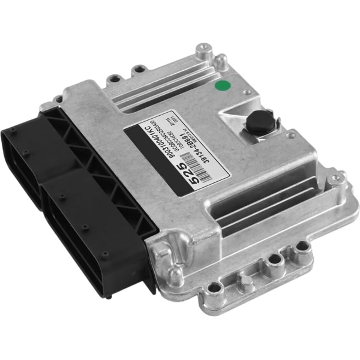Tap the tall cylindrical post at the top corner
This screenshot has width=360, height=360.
(x=220, y=61)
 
